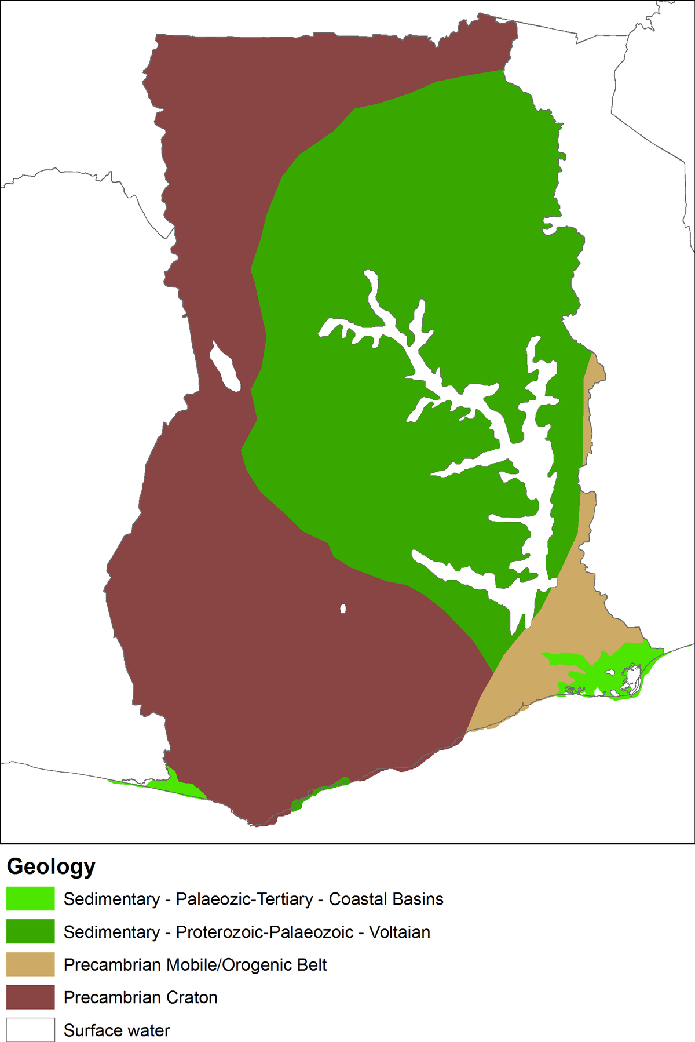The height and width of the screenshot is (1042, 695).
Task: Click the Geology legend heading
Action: pyautogui.click(x=51, y=866)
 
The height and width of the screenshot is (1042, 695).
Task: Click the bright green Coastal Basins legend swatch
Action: pyautogui.click(x=31, y=899)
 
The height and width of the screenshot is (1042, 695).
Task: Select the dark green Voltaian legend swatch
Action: pyautogui.click(x=31, y=932)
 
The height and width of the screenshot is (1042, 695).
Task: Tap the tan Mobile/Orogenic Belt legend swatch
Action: pyautogui.click(x=31, y=964)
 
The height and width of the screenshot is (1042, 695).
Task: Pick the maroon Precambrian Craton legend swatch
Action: pyautogui.click(x=31, y=997)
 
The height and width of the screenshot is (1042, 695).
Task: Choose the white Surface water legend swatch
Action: pyautogui.click(x=31, y=1030)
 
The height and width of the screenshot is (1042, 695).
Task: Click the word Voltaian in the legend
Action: pyautogui.click(x=400, y=932)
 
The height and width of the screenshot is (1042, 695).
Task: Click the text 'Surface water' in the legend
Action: pyautogui.click(x=116, y=1030)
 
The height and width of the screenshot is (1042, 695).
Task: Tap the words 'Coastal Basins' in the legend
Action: pyautogui.click(x=386, y=899)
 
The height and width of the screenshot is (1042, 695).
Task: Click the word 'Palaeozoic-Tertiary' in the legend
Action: pyautogui.click(x=244, y=899)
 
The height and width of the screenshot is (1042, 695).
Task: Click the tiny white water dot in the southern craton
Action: pyautogui.click(x=343, y=609)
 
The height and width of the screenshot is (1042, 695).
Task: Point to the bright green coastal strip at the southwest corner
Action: pyautogui.click(x=174, y=785)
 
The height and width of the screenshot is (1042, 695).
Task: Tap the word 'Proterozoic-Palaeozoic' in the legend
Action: pyautogui.click(x=265, y=932)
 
